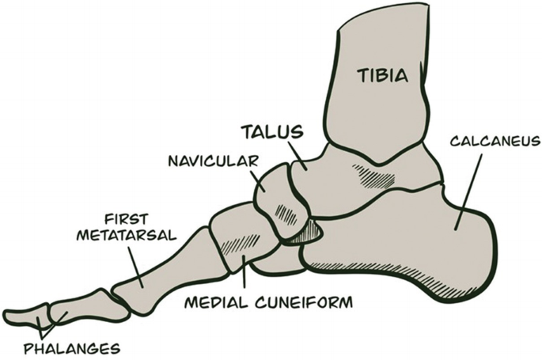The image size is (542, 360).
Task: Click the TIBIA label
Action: click(381, 77)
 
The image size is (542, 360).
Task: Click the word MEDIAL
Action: click(215, 302)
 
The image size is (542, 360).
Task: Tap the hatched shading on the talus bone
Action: click(372, 176)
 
